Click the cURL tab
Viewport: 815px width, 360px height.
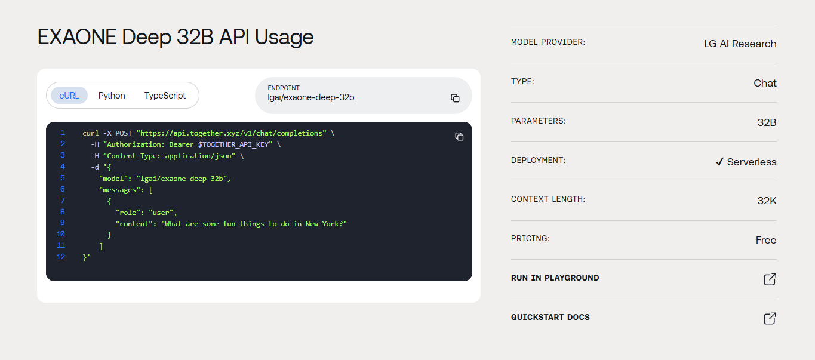point(69,96)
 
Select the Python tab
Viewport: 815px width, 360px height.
point(112,96)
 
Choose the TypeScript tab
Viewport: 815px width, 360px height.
point(165,96)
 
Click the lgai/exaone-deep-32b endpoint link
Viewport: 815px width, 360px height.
point(310,97)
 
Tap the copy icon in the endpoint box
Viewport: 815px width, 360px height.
point(455,98)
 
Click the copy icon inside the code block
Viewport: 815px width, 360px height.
point(459,136)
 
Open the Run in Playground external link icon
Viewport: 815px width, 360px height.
point(770,279)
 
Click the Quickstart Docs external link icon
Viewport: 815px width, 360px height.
point(770,318)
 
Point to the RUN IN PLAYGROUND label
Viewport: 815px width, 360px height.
point(555,278)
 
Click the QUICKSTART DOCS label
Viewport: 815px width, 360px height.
point(550,317)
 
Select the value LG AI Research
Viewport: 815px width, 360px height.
point(740,44)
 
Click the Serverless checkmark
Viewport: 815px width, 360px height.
point(719,161)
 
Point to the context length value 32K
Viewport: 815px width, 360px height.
point(767,201)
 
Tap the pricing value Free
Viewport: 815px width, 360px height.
point(766,240)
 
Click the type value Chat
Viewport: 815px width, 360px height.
point(765,83)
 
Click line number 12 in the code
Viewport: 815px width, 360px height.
point(61,257)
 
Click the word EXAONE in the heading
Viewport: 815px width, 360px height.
point(77,37)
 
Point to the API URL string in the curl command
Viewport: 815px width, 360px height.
point(232,133)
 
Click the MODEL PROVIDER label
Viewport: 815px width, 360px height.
point(548,42)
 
